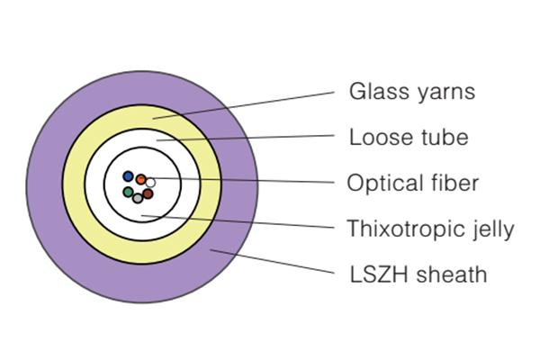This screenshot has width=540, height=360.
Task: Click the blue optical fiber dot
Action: (129, 176)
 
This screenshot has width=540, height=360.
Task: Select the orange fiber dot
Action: (141, 179)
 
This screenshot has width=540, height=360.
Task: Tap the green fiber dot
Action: (128, 192)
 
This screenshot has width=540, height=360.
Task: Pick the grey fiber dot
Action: (138, 198)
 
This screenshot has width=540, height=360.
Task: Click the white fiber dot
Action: (151, 184)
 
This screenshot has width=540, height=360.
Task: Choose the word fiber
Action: (453, 184)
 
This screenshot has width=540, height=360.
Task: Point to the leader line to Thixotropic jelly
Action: (243, 221)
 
